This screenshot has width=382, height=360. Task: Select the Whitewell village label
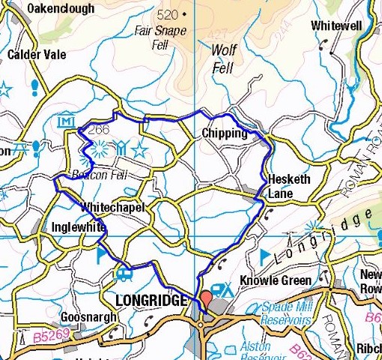[x=336, y=25]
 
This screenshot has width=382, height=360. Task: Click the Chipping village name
[x=224, y=133]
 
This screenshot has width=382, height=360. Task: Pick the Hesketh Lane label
[x=288, y=186]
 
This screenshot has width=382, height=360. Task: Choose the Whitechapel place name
[x=111, y=206]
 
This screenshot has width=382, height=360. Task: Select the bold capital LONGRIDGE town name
[x=151, y=301]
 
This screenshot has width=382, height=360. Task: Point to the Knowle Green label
[x=275, y=281]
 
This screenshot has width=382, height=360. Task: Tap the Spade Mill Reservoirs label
[x=293, y=313]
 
